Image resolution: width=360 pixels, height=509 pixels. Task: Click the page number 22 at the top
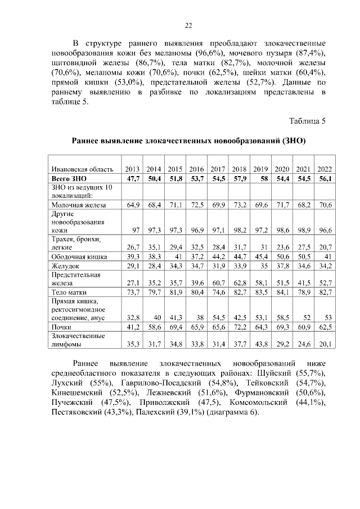point(188,24)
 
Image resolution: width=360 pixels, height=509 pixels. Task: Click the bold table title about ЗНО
point(188,141)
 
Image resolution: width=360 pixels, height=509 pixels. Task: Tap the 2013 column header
point(132,169)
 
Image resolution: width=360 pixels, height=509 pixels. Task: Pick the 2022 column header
point(325,169)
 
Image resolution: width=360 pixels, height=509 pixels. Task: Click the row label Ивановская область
point(83,169)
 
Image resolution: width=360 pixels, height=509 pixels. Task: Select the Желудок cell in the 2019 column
point(262,265)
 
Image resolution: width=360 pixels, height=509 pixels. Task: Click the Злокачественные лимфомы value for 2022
point(324,344)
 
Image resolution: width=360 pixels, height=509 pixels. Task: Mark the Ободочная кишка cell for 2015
point(176,256)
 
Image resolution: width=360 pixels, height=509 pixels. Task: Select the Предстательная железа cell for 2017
point(218,283)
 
